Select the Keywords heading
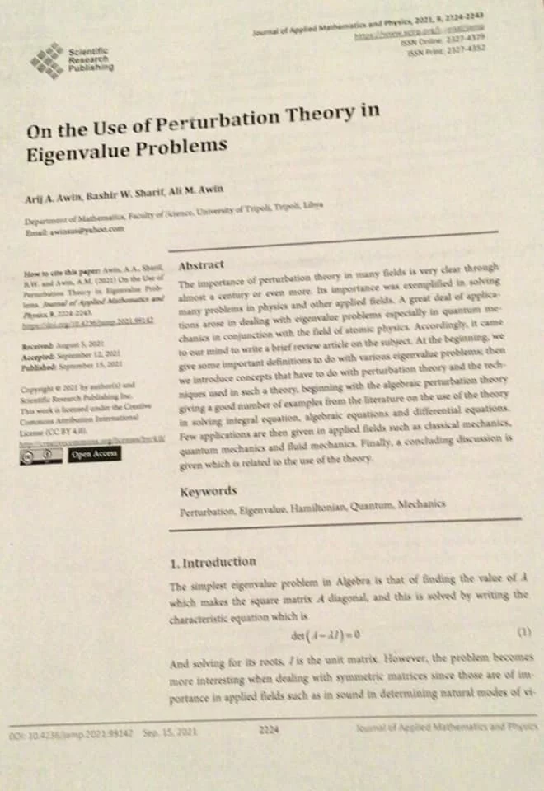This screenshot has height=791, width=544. (209, 492)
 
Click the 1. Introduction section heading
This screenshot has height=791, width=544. (213, 563)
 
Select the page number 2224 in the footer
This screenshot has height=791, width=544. (270, 729)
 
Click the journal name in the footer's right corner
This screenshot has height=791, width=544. (445, 727)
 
